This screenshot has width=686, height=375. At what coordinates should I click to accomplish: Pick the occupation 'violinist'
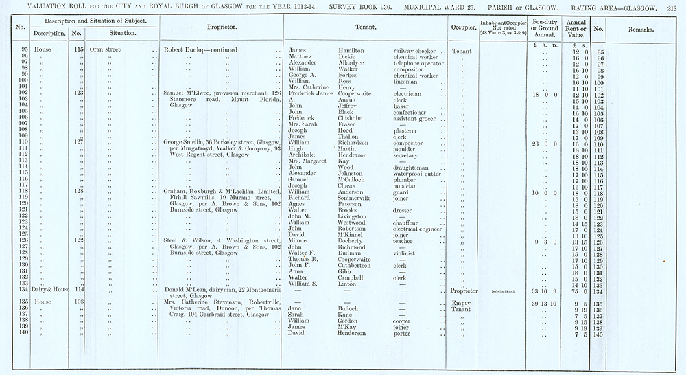click(x=406, y=253)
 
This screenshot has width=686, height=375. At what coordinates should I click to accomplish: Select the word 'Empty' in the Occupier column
click(x=460, y=303)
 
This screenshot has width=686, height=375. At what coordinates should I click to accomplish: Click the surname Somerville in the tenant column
click(x=361, y=198)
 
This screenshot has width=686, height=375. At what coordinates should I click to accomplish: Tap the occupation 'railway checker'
click(x=416, y=51)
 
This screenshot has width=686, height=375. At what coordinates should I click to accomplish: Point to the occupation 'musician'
click(x=405, y=187)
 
